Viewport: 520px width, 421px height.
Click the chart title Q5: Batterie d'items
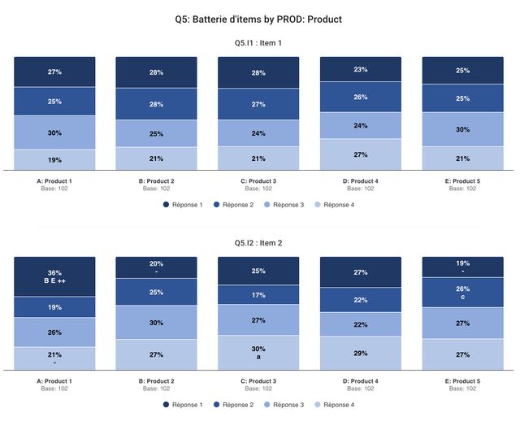click(x=258, y=19)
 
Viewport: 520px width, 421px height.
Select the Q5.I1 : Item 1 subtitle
click(x=258, y=43)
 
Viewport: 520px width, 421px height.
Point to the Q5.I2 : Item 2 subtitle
click(x=258, y=243)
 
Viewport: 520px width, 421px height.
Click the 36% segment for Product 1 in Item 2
click(x=54, y=276)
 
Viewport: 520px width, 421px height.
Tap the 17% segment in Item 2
click(x=258, y=295)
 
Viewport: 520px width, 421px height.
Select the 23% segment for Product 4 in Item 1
click(x=361, y=70)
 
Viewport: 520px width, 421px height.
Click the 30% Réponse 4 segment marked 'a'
click(x=258, y=353)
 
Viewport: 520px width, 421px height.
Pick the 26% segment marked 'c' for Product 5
click(x=462, y=293)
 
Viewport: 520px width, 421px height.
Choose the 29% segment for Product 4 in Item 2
click(x=361, y=354)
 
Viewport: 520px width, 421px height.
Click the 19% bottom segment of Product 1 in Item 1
click(x=54, y=159)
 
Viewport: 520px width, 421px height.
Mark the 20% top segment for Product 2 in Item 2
click(x=156, y=267)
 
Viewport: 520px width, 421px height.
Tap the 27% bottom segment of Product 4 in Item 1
click(x=361, y=154)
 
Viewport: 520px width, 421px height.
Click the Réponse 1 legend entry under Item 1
click(x=186, y=205)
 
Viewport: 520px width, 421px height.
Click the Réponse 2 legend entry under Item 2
click(x=236, y=405)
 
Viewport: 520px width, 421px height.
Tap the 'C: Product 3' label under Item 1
click(x=258, y=181)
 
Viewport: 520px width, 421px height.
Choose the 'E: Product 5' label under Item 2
click(x=462, y=381)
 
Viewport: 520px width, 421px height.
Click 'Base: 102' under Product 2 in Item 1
click(x=156, y=189)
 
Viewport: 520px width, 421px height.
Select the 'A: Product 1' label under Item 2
click(x=54, y=381)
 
